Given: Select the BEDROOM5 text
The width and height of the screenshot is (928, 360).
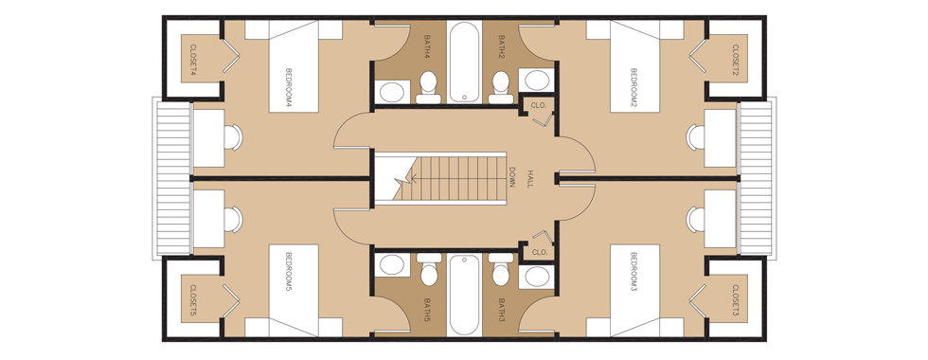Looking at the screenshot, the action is tap(289, 272).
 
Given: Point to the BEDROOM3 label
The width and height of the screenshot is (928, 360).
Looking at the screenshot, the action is tap(634, 272).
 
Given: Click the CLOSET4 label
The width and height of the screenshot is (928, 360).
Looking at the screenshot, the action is tap(193, 60).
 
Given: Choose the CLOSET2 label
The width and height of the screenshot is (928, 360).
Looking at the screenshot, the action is tap(736, 60).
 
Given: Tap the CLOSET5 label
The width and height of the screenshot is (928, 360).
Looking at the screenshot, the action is tap(193, 301).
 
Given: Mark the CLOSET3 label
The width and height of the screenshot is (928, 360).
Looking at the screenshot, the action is tap(736, 301).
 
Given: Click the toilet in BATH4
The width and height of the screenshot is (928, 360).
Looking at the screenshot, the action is tap(428, 87).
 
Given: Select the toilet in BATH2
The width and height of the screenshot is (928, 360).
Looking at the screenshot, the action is tap(501, 87).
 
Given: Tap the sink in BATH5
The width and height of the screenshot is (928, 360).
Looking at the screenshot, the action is tap(391, 264).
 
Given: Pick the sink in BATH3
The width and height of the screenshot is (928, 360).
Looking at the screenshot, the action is tap(537, 276).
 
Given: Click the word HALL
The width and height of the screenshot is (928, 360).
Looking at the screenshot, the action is tap(530, 179).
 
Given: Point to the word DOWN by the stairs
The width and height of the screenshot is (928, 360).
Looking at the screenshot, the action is tap(512, 177).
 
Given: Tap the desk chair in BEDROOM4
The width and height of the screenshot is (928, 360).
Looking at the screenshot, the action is tap(233, 137).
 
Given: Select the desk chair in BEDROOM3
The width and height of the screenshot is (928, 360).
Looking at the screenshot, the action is tap(695, 220).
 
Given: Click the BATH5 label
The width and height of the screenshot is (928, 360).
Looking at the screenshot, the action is tap(428, 310).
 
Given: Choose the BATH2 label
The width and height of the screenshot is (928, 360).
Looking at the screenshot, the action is tap(501, 46).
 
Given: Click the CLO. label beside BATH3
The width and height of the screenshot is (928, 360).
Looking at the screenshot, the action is tap(539, 252).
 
